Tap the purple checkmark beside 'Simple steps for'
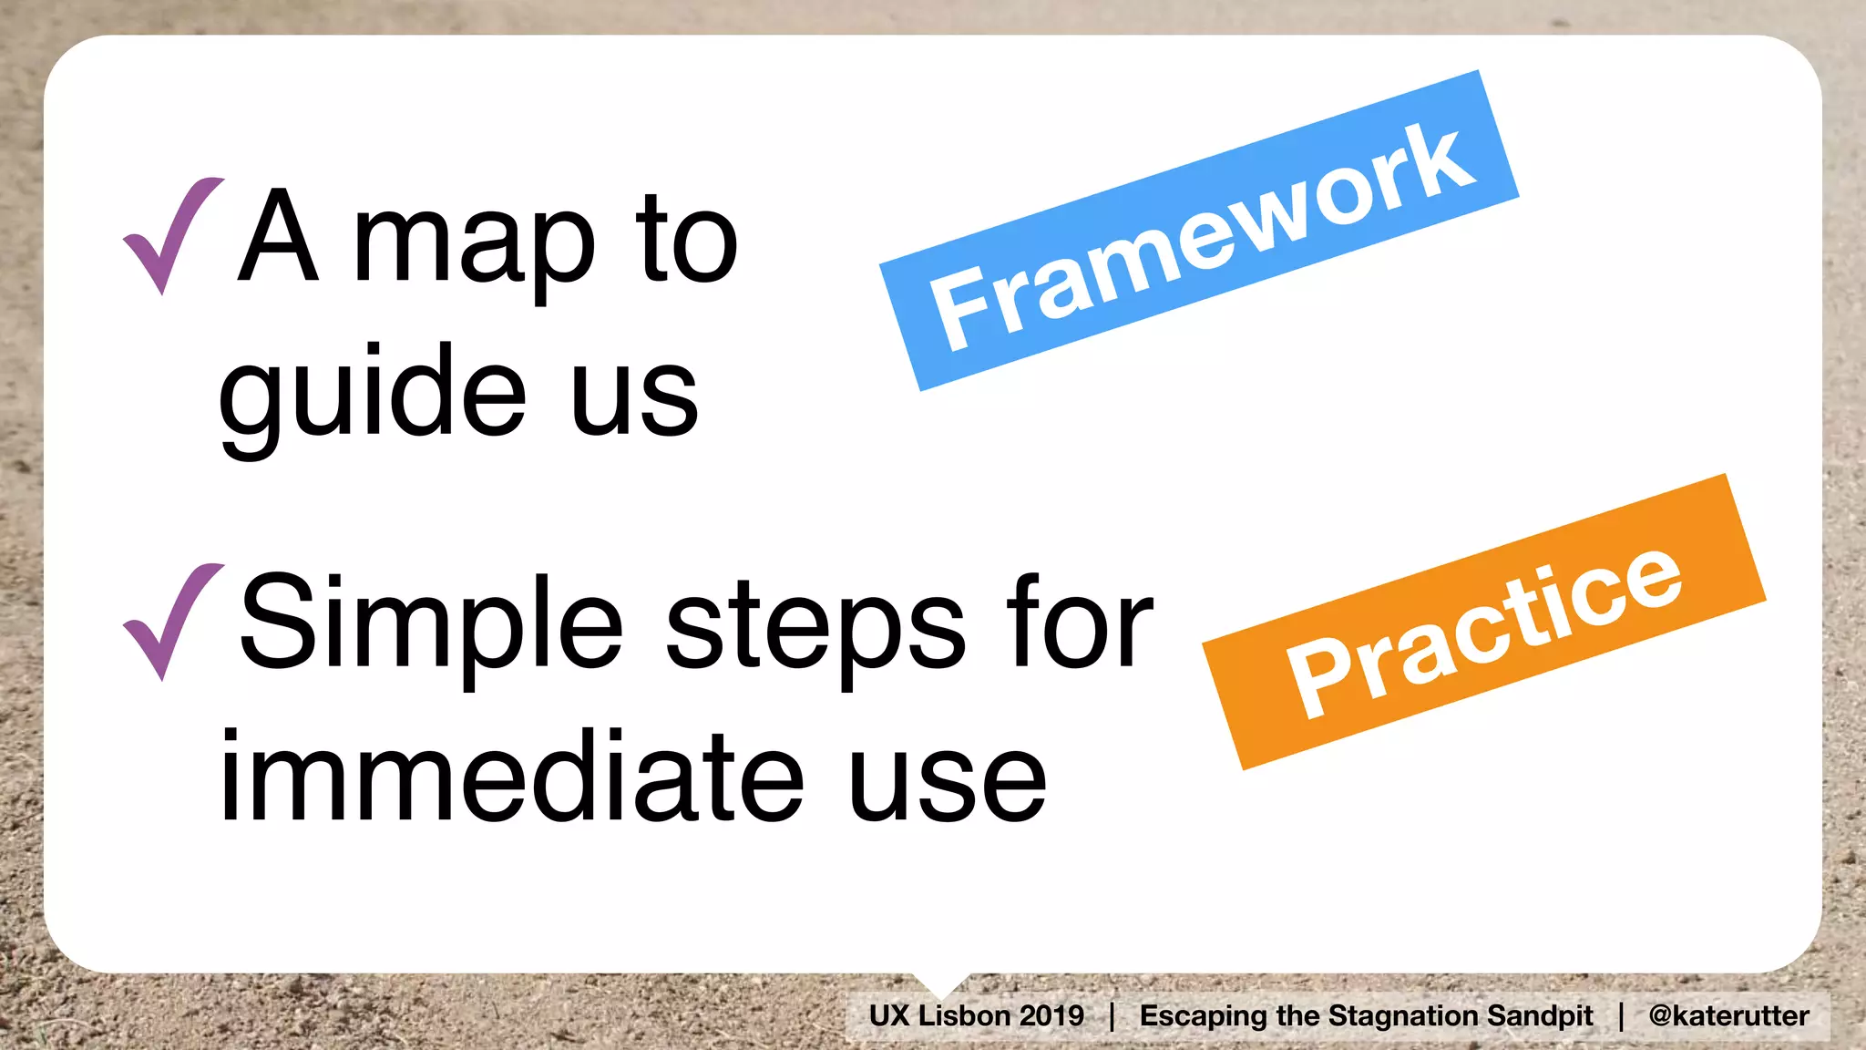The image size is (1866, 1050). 170,622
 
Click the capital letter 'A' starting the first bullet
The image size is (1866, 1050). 278,237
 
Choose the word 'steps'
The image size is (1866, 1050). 815,629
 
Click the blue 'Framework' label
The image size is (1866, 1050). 1199,232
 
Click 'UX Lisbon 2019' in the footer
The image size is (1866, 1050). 976,1015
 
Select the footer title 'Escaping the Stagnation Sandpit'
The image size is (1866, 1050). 1366,1015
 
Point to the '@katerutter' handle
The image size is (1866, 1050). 1728,1015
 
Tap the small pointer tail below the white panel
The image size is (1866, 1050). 941,983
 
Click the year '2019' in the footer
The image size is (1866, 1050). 1051,1015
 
